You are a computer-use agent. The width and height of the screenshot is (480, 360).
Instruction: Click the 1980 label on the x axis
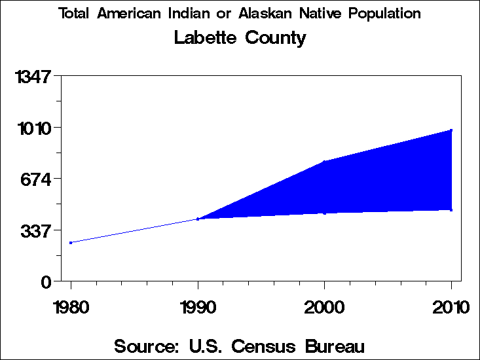tap(71, 307)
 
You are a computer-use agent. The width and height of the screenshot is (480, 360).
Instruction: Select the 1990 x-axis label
tap(198, 307)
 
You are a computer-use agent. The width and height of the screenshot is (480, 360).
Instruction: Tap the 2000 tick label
tap(324, 307)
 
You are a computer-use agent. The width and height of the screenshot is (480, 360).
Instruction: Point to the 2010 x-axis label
tap(451, 307)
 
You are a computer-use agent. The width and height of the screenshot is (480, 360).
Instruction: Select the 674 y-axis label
tap(38, 179)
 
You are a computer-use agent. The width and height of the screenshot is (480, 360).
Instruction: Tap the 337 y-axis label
tap(38, 230)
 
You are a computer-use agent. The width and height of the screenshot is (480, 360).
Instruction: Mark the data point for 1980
tap(71, 243)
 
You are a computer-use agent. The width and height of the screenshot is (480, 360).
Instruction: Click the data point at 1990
tap(198, 219)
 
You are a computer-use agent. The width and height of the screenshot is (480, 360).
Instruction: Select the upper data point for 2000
tap(324, 162)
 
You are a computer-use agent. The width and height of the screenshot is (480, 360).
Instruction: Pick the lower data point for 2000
tap(324, 213)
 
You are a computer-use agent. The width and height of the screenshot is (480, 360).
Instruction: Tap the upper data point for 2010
tap(451, 130)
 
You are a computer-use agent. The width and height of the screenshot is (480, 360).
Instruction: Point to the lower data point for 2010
tap(451, 209)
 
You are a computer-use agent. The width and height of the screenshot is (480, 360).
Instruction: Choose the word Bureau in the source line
tap(334, 346)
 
